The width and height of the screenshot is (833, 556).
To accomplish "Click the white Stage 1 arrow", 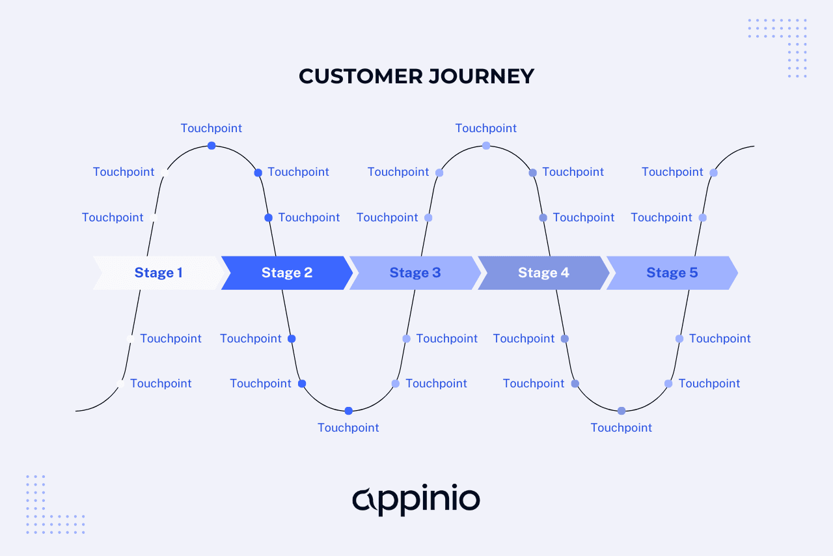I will [x=158, y=273].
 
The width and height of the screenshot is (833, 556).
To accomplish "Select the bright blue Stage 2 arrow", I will [x=286, y=273].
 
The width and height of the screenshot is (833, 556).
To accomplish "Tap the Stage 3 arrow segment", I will [x=415, y=273].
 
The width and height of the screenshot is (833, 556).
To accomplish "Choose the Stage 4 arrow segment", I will [x=543, y=273].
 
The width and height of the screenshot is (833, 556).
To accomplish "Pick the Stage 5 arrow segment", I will [x=672, y=273].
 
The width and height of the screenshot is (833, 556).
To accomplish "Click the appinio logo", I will [x=416, y=500].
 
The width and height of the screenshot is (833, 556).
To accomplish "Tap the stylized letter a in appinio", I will [x=364, y=500].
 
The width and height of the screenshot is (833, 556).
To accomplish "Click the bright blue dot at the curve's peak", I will [x=212, y=146].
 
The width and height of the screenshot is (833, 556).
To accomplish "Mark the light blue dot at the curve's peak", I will [x=486, y=146].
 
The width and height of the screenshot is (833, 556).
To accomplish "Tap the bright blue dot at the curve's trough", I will [x=349, y=411].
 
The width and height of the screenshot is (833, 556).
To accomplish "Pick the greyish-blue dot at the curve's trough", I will [x=621, y=411].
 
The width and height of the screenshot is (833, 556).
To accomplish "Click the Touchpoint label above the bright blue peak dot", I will [x=212, y=128].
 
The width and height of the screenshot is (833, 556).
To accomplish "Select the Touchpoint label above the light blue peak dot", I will [x=486, y=128].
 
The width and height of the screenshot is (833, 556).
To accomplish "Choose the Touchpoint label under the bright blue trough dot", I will [x=348, y=428].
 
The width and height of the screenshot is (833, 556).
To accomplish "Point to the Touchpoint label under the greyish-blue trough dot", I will [x=621, y=428].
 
